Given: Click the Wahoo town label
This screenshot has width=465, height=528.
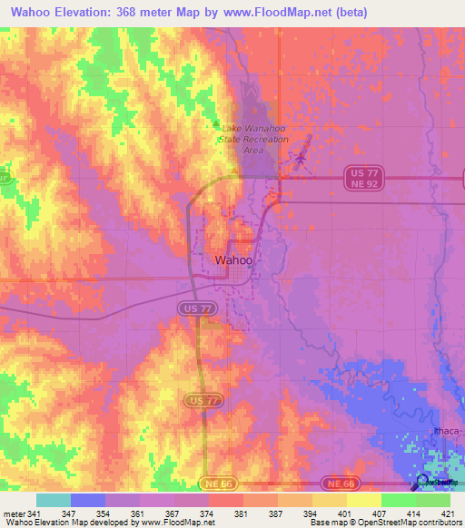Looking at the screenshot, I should (233, 260).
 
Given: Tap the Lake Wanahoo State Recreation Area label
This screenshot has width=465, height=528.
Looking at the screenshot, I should (255, 139).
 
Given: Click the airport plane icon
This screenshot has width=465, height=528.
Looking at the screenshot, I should (301, 160).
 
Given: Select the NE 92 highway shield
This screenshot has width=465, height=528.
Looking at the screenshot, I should (361, 184).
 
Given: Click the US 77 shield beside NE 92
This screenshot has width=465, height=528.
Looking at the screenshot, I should (361, 171).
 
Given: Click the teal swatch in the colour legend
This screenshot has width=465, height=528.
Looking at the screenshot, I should (54, 500).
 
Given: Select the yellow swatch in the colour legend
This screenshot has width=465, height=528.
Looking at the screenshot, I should (364, 500).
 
